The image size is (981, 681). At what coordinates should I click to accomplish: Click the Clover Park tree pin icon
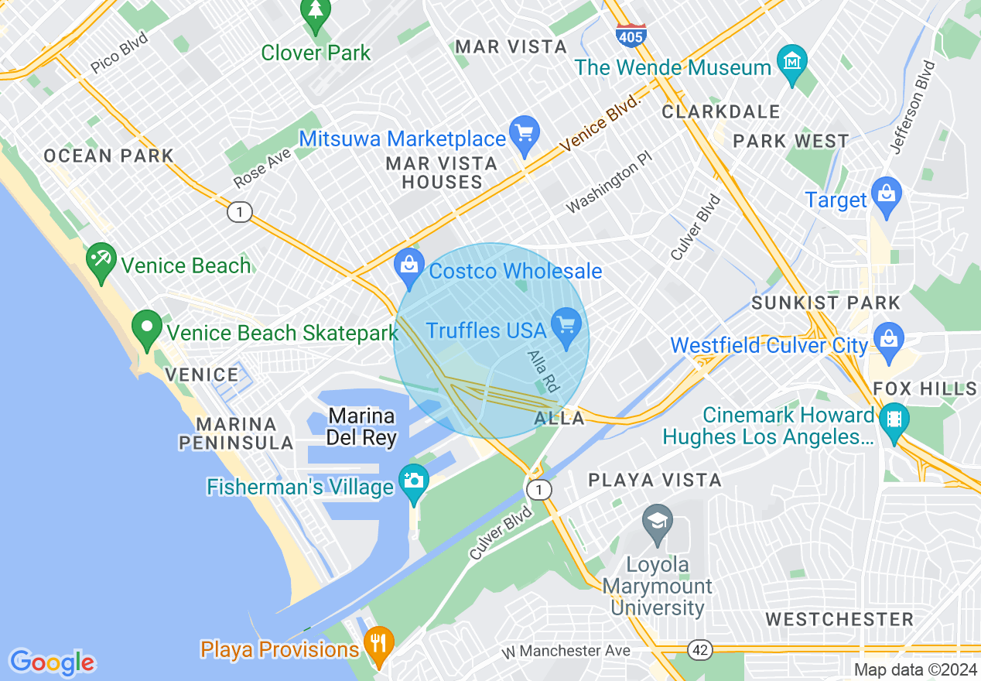(x=316, y=13)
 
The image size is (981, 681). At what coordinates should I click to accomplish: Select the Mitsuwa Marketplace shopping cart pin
(x=525, y=134)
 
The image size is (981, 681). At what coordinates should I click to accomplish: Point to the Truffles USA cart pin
(x=566, y=324)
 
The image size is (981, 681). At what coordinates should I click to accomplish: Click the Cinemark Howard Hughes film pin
(x=894, y=421)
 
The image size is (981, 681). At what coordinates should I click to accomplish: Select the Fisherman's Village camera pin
(x=413, y=482)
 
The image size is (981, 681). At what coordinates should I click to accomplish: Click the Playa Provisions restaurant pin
(x=378, y=644)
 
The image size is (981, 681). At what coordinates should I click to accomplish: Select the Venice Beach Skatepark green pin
(x=147, y=328)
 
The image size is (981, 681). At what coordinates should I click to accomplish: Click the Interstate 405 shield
(x=631, y=34)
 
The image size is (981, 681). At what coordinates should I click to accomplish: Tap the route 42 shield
(x=700, y=651)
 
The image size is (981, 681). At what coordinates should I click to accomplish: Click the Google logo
(x=53, y=662)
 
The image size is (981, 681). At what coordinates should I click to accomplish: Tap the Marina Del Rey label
(x=361, y=426)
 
